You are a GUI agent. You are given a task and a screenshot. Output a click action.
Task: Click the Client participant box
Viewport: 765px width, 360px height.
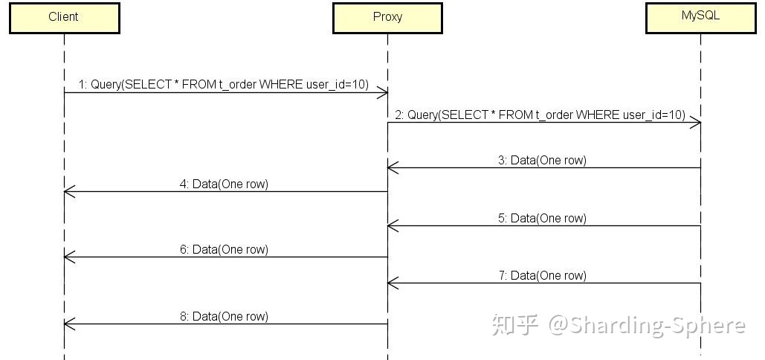64,17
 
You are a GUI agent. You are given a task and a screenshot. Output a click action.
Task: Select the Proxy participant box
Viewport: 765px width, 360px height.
387,17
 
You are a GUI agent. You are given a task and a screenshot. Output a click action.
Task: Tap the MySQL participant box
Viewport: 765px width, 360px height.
700,17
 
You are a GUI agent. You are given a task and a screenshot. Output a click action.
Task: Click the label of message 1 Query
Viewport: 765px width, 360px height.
224,84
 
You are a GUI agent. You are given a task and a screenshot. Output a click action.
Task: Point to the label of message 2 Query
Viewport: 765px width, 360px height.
540,115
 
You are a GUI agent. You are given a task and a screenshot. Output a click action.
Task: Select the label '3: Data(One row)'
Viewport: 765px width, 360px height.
542,160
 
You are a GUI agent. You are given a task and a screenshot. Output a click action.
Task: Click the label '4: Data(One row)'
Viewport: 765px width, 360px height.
224,184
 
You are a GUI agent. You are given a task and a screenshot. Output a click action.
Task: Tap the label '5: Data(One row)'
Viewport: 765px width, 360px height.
542,218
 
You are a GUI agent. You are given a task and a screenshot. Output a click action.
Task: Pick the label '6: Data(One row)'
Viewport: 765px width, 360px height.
224,249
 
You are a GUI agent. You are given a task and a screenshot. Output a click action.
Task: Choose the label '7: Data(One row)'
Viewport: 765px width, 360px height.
542,275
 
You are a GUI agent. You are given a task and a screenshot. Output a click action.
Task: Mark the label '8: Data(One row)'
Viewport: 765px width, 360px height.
224,316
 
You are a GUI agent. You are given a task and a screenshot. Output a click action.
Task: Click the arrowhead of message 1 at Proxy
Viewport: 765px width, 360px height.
383,92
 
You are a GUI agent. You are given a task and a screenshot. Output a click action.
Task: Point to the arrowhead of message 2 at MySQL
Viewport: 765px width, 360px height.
696,123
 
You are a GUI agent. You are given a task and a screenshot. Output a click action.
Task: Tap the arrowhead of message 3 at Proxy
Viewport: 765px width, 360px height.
392,168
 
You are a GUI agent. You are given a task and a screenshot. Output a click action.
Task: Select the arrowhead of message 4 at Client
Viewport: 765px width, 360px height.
68,192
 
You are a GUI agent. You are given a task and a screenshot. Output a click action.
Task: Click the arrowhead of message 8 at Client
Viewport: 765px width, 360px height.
68,324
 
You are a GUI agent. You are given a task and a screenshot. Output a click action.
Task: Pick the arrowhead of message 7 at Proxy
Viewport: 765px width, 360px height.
392,283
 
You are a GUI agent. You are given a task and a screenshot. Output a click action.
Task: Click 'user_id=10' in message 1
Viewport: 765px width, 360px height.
337,84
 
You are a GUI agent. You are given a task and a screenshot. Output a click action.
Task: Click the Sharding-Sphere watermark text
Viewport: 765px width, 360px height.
646,326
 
